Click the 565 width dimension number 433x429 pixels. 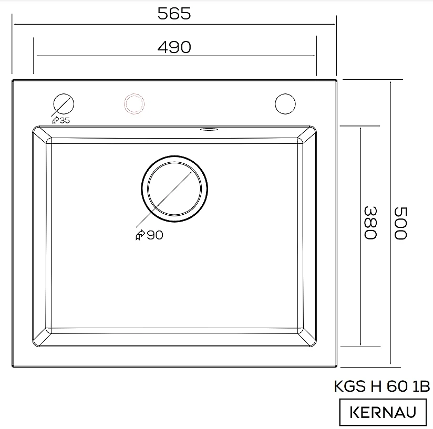click(174, 14)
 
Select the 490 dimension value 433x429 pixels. click(174, 47)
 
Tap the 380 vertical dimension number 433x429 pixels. click(370, 223)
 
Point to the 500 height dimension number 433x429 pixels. click(400, 223)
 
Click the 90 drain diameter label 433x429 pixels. click(155, 235)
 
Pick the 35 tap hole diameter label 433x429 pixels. click(65, 121)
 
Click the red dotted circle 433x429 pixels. click(134, 104)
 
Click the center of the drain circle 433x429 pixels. click(174, 189)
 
